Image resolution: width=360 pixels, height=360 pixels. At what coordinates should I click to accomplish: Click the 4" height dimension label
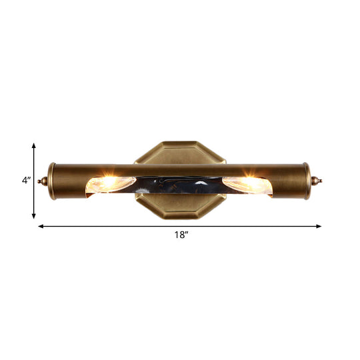click(x=26, y=180)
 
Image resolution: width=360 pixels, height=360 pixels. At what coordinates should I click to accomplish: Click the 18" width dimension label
click(x=180, y=235)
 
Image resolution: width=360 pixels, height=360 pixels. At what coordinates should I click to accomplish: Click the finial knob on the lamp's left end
click(x=43, y=180)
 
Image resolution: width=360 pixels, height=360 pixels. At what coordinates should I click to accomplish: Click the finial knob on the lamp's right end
click(x=317, y=180)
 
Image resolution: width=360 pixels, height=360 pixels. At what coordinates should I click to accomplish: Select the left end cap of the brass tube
click(x=52, y=180)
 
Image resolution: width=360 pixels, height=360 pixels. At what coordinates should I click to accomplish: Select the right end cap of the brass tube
click(x=307, y=180)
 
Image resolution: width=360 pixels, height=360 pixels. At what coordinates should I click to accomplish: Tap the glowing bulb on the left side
click(x=110, y=183)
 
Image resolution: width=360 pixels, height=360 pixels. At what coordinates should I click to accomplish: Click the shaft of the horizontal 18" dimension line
click(x=120, y=226)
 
